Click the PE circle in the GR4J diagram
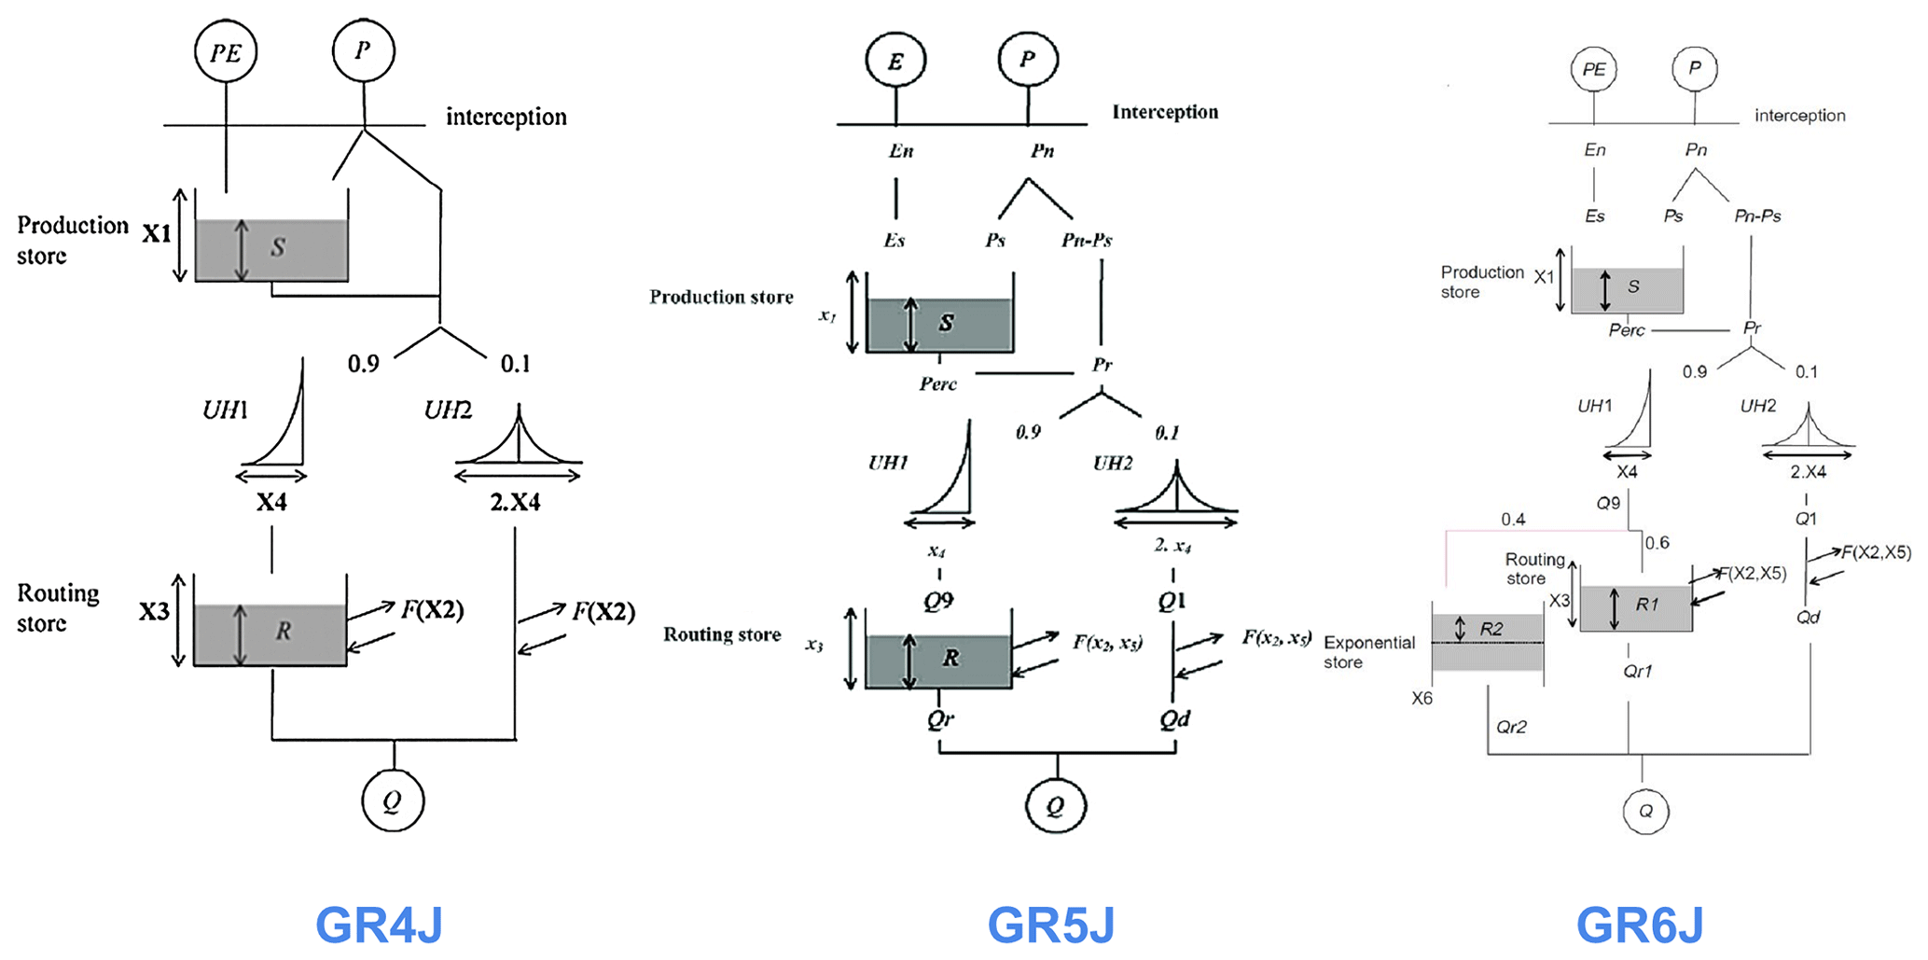tap(226, 51)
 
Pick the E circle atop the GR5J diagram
tap(895, 61)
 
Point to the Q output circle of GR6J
tap(1645, 811)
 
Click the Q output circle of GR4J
tap(393, 800)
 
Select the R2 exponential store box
tap(1488, 642)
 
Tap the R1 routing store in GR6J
tap(1636, 608)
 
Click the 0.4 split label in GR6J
tap(1513, 520)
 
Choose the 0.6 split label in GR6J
tap(1658, 543)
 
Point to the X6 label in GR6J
tap(1422, 698)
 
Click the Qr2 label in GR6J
tap(1511, 727)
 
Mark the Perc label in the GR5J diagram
tap(937, 383)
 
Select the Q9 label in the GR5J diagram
tap(938, 601)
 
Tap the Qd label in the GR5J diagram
tap(1174, 718)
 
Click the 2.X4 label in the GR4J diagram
tap(515, 502)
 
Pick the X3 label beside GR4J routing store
tap(154, 612)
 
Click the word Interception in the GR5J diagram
tap(1165, 112)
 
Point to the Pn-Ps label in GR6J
tap(1757, 216)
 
